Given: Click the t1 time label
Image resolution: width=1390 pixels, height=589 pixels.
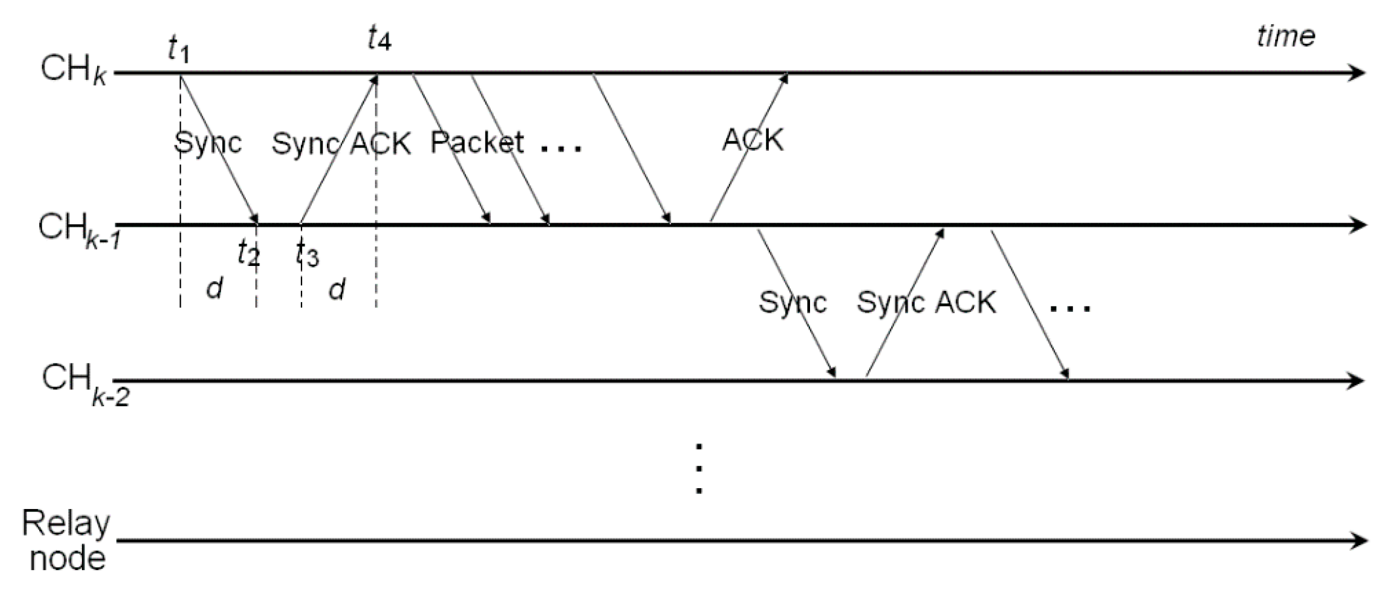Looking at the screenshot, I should (x=178, y=50).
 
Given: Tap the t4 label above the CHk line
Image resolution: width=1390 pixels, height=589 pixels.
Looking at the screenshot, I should (x=379, y=39).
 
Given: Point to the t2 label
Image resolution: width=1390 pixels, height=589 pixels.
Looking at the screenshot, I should (x=249, y=252).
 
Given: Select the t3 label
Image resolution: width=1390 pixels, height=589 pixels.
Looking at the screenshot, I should (x=307, y=253).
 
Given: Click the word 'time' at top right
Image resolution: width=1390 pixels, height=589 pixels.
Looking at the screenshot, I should (x=1285, y=36).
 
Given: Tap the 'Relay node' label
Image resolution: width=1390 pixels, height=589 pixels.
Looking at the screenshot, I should (x=66, y=541).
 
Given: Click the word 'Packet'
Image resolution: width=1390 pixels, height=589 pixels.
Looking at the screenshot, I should (x=476, y=142).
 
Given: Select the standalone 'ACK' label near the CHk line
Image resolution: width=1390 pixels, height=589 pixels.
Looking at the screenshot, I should (x=752, y=140).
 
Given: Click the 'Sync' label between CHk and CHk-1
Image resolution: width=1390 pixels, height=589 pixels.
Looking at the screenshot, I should (x=208, y=142).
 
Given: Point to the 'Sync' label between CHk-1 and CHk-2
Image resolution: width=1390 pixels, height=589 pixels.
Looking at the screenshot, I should (x=792, y=302).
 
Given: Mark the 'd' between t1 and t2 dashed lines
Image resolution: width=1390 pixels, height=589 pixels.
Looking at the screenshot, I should (x=214, y=288).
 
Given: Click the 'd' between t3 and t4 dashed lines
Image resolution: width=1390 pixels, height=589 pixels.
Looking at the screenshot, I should (x=337, y=289).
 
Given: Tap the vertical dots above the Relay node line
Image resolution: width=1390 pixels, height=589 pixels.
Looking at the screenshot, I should (x=699, y=468).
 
